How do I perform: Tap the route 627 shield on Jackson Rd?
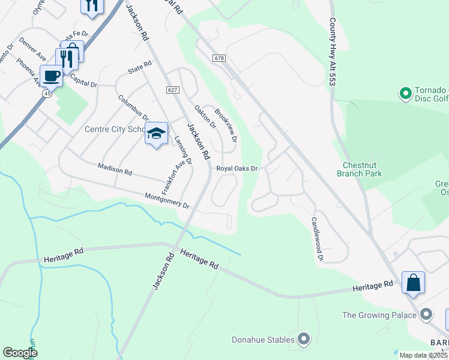(173, 89)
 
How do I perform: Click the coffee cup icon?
(52, 76)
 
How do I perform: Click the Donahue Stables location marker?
(304, 340)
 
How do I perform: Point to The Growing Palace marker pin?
(427, 314)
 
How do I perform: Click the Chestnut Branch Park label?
(362, 169)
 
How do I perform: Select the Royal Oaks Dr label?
(237, 169)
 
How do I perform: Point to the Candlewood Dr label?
(317, 239)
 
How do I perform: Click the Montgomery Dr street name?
(167, 201)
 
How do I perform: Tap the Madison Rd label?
(114, 169)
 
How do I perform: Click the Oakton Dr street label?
(205, 116)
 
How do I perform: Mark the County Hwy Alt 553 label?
(332, 51)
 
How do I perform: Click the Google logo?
(20, 353)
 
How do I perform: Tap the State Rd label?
(139, 70)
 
